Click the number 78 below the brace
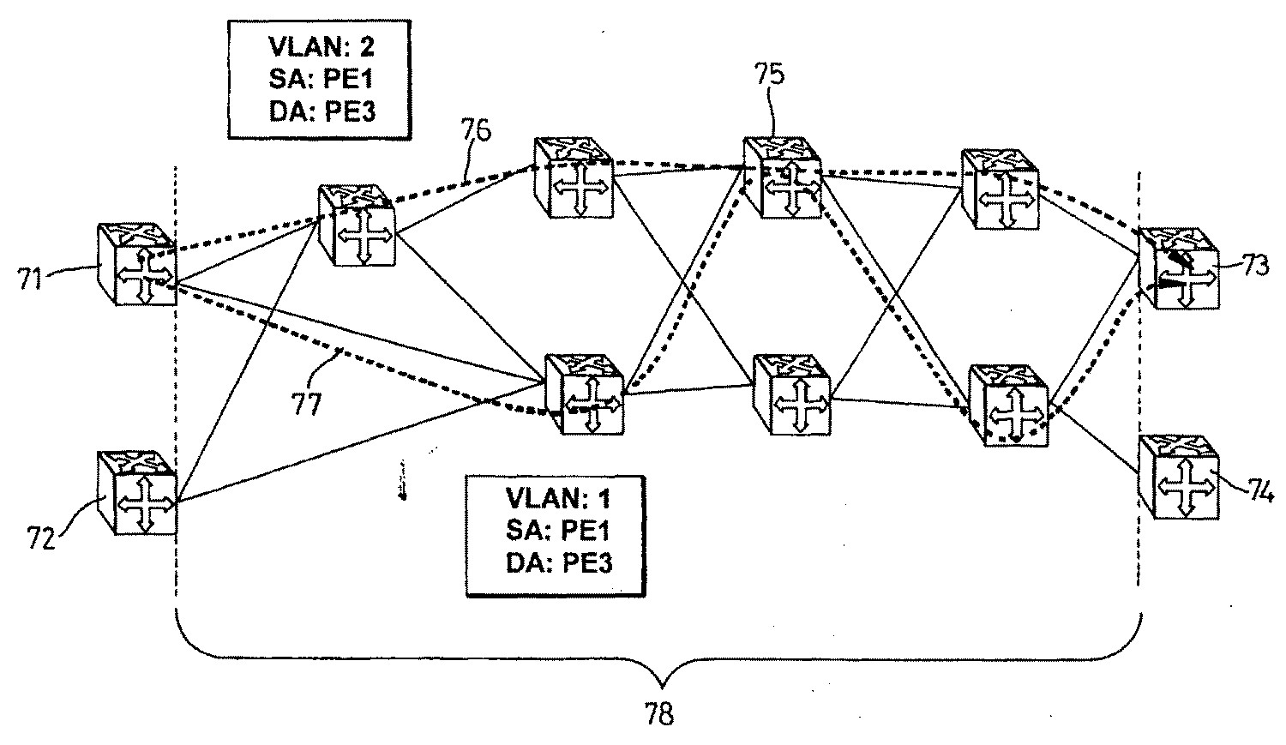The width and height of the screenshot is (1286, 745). pos(659,713)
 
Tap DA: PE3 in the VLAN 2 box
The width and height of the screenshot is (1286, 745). pos(321,111)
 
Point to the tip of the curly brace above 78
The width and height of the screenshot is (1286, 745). pos(661,683)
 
